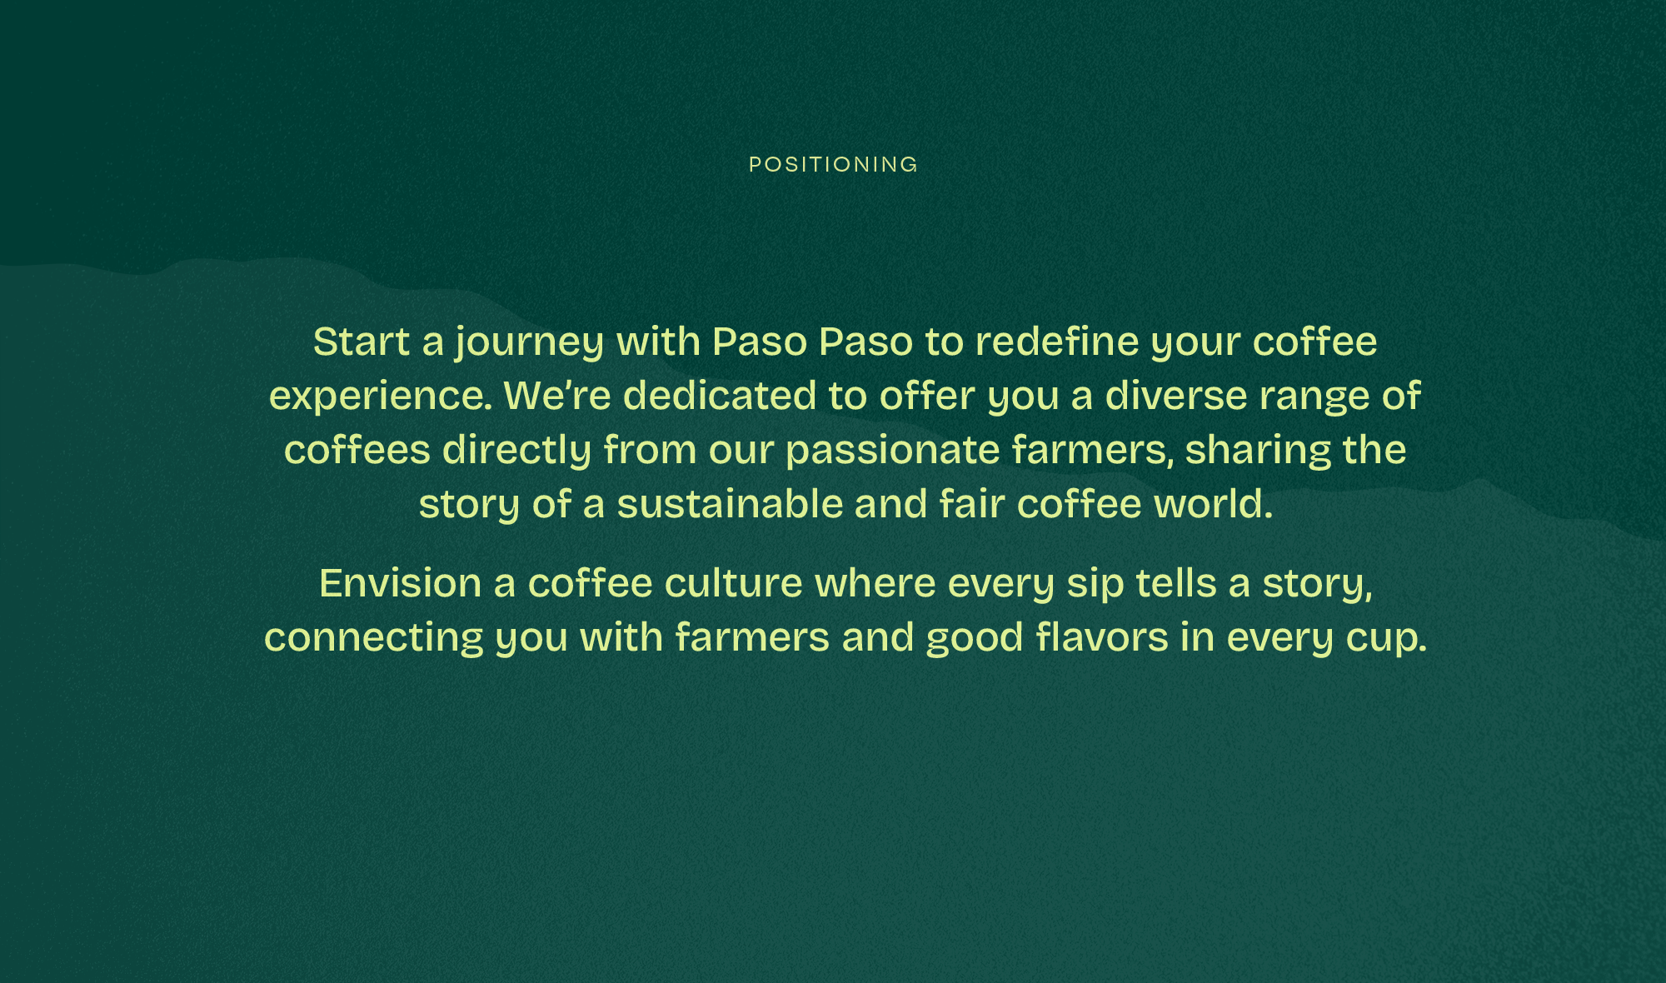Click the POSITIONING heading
point(833,165)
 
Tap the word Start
point(362,342)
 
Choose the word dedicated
point(720,395)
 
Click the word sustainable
point(730,504)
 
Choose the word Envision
point(401,583)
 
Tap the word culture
point(734,583)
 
